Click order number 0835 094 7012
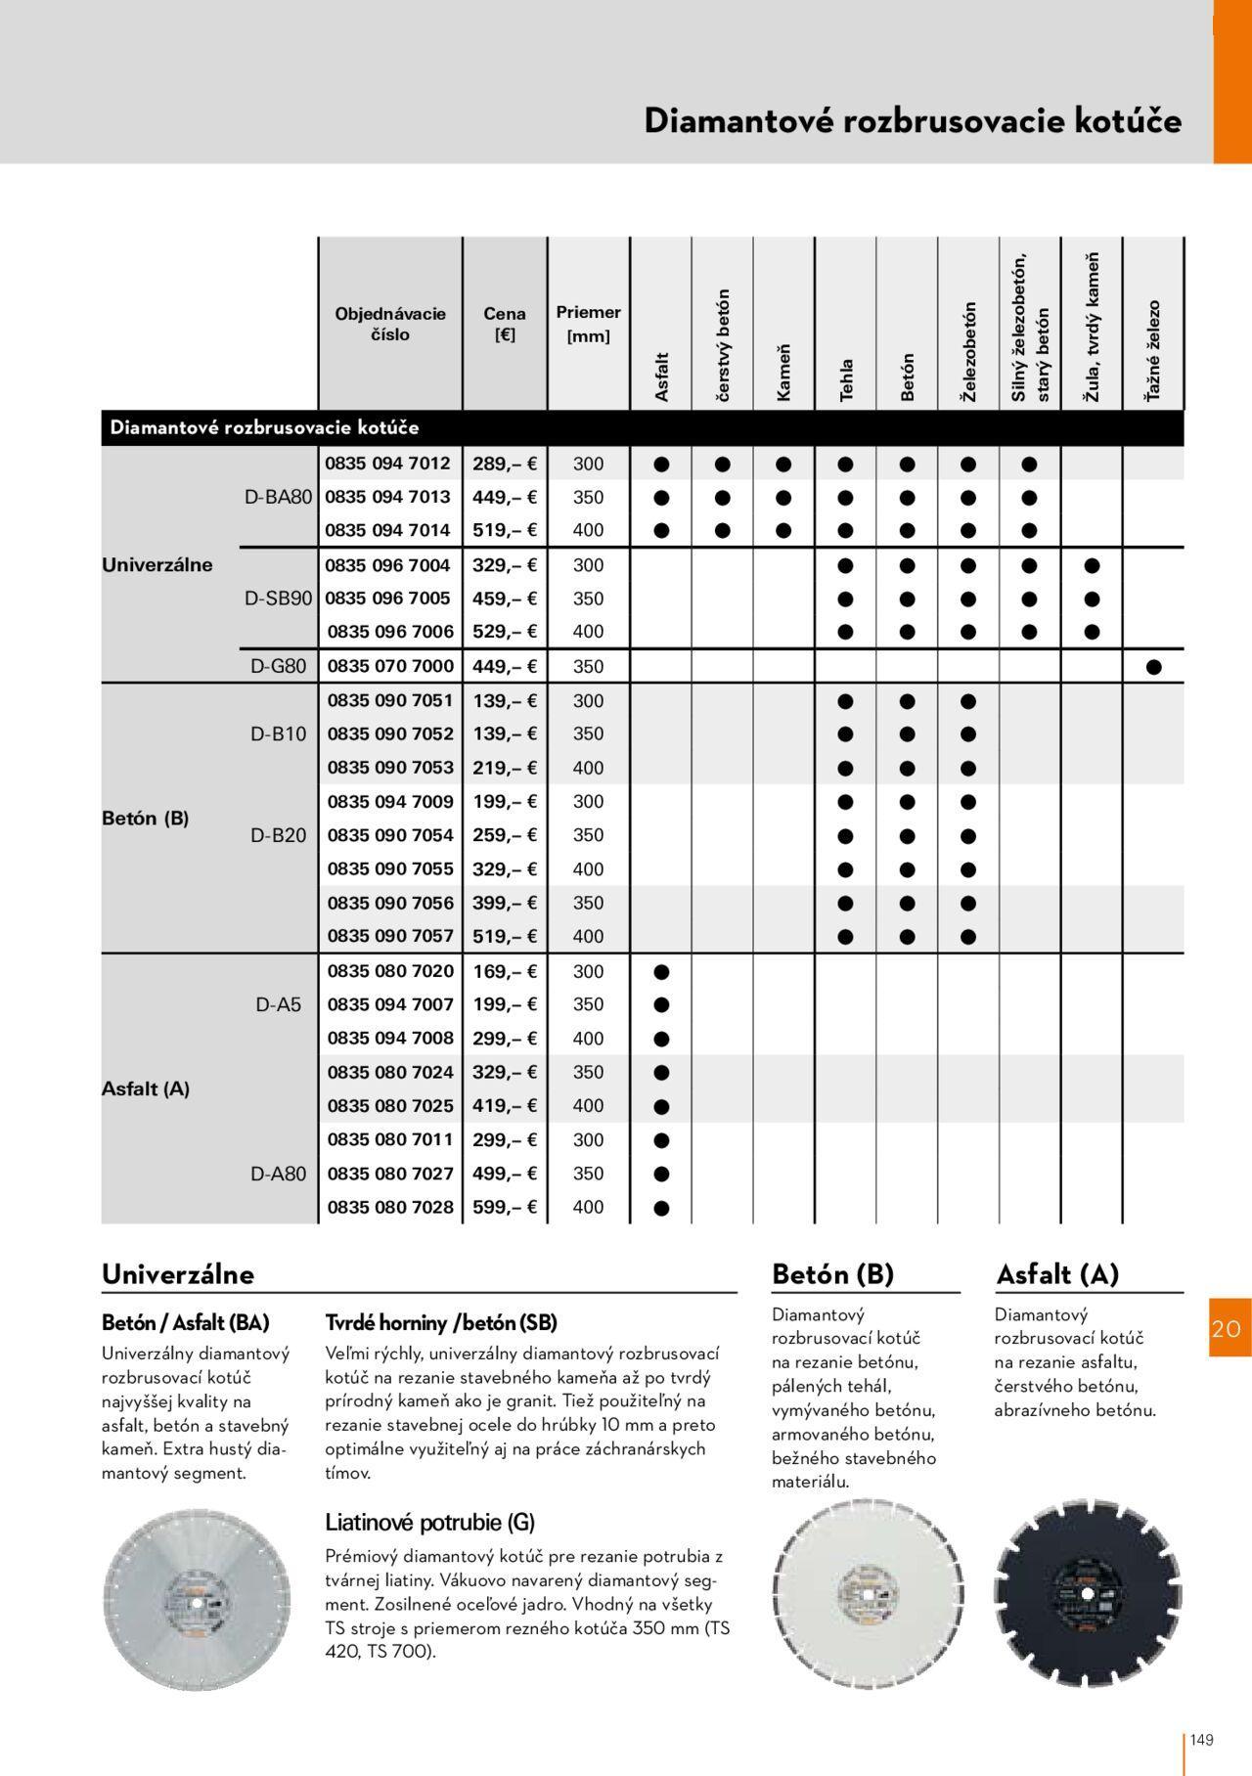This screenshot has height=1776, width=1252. (x=388, y=464)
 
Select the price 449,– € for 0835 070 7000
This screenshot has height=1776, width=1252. (x=505, y=666)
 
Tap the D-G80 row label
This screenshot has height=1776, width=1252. (x=279, y=666)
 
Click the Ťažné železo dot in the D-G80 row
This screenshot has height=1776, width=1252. (x=1153, y=667)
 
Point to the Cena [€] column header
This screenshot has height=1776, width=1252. (x=505, y=324)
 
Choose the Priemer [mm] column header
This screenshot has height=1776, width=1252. (x=588, y=324)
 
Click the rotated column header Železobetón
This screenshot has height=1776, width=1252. (x=969, y=351)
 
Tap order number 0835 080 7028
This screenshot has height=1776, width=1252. (x=390, y=1207)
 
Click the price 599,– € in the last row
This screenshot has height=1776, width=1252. (x=505, y=1207)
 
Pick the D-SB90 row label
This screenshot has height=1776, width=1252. (x=279, y=599)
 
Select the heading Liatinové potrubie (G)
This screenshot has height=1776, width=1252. (x=429, y=1522)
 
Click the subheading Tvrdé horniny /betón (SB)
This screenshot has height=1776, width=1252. (x=440, y=1322)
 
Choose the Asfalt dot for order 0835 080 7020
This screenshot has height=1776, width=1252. (x=661, y=972)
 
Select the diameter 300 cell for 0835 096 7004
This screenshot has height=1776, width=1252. (x=588, y=565)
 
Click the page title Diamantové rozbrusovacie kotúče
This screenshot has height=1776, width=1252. (x=912, y=120)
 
